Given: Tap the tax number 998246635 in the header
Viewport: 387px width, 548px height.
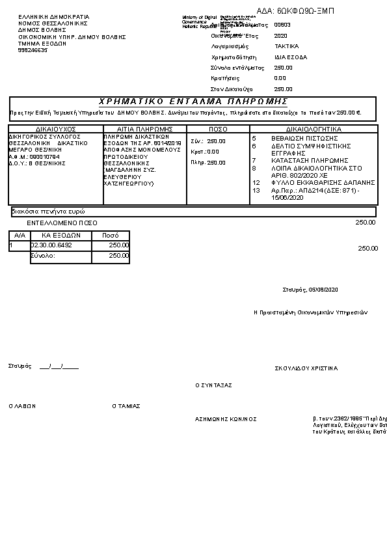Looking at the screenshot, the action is tap(33, 50).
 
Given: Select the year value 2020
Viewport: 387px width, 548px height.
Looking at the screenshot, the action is tap(281, 36).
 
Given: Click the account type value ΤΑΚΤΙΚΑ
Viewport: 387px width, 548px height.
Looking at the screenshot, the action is tap(286, 46).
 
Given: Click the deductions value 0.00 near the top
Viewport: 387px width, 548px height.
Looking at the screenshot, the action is tap(280, 78).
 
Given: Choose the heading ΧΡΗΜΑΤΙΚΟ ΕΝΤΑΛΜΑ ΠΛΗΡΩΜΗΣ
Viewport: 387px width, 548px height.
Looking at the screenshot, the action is tap(193, 102).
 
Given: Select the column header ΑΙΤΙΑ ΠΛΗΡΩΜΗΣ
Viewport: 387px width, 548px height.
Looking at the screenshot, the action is tap(144, 129).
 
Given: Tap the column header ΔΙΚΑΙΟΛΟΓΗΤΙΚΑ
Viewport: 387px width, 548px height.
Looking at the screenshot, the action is tap(314, 129).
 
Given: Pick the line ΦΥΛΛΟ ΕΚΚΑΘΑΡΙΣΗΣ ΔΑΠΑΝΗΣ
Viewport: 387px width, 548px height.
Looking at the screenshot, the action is tap(323, 182).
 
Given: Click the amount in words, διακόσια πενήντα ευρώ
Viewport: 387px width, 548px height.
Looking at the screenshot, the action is tap(49, 212).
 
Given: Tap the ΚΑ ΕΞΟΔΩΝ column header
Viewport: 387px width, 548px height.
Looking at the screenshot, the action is tap(60, 235).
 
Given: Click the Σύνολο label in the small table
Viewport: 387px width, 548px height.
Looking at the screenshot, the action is tap(43, 256).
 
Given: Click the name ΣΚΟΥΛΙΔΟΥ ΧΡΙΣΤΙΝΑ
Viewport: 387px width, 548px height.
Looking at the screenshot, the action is tap(306, 368).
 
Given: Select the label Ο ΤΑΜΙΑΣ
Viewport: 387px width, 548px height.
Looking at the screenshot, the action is tap(126, 405).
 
